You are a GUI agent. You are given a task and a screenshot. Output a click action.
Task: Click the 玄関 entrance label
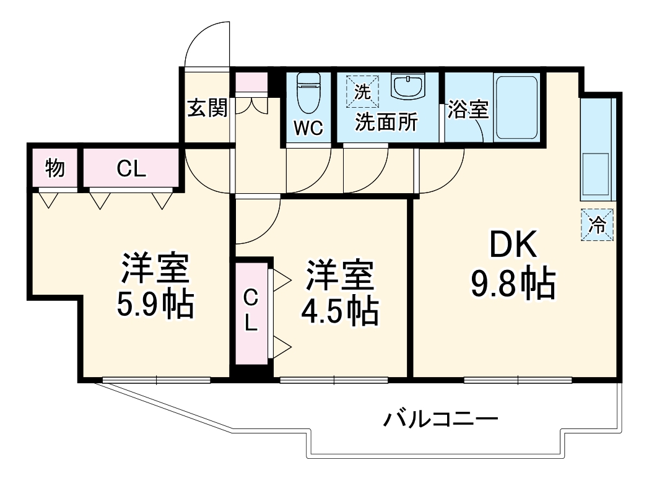pyautogui.click(x=207, y=108)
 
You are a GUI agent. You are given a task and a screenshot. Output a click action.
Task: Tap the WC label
pyautogui.click(x=308, y=128)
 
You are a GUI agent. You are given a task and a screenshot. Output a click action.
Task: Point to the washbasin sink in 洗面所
pyautogui.click(x=407, y=87)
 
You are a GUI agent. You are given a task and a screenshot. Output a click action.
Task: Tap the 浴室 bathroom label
pyautogui.click(x=468, y=110)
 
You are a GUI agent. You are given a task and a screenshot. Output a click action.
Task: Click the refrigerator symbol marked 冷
pyautogui.click(x=598, y=224)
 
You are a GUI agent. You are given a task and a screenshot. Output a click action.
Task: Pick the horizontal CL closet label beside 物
pyautogui.click(x=131, y=168)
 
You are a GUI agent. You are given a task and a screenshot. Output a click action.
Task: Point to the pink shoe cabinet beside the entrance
pyautogui.click(x=251, y=83)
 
